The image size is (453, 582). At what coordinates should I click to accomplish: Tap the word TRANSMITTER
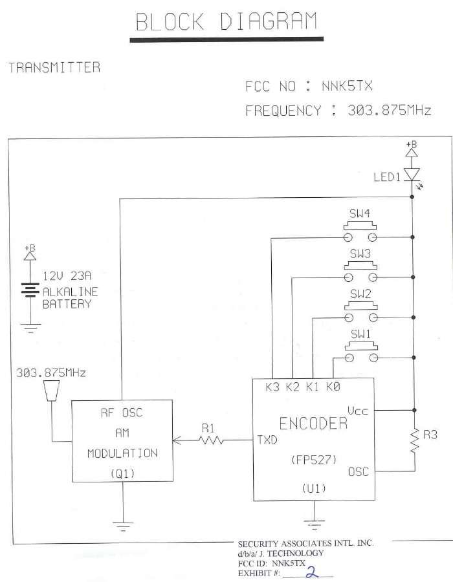[54, 67]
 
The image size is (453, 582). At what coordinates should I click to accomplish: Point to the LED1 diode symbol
[412, 174]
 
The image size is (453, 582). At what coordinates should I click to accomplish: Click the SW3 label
[360, 255]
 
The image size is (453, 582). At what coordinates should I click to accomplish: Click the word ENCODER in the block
[313, 424]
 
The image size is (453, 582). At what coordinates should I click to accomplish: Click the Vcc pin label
[358, 411]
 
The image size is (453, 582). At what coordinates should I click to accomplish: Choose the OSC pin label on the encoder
[358, 471]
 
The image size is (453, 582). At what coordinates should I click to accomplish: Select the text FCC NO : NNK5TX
[309, 87]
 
